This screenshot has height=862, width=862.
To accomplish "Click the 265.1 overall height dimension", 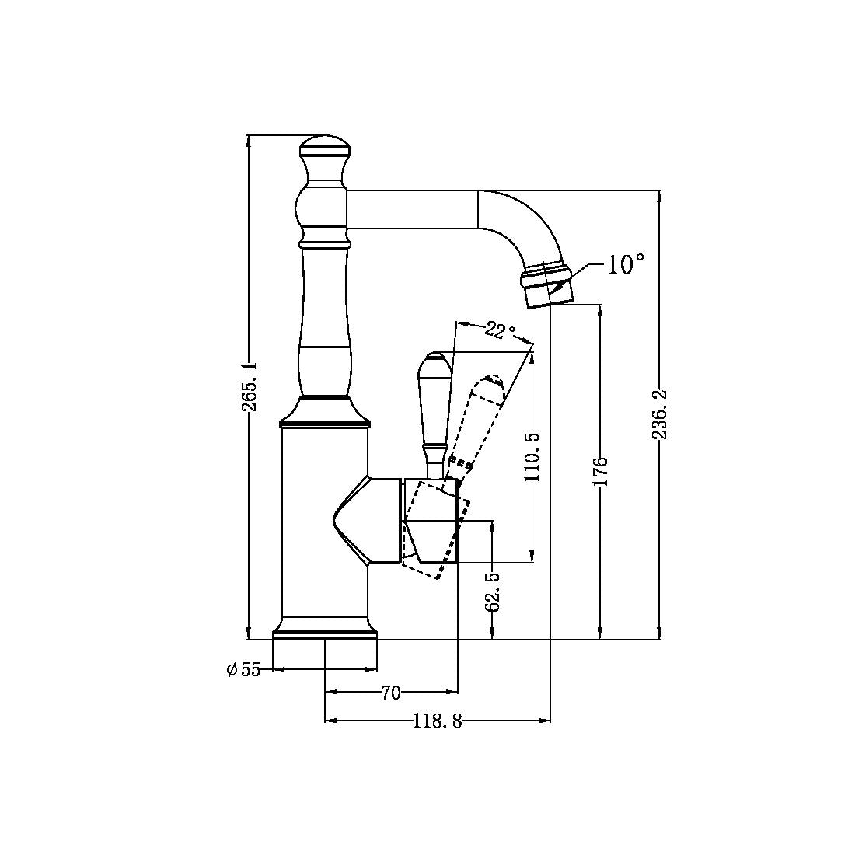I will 248,386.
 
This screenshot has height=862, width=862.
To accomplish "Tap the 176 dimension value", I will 601,472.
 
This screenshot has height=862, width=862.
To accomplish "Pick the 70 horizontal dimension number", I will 390,693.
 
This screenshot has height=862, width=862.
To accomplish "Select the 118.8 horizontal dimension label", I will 437,722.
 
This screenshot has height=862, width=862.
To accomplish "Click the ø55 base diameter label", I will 243,670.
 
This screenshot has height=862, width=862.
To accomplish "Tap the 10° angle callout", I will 625,265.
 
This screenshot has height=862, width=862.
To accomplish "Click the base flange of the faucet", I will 325,630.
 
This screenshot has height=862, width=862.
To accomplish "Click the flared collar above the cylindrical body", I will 324,413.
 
